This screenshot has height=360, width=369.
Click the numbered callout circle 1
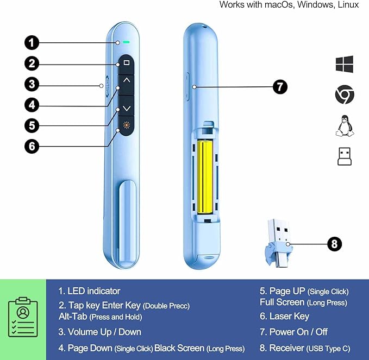coord(32,42)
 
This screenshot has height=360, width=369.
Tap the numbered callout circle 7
coord(279,87)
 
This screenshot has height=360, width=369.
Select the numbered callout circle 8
coord(335,244)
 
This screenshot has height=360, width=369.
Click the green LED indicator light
coord(126,41)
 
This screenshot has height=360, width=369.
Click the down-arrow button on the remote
coord(127,109)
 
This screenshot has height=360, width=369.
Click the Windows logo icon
coord(345,64)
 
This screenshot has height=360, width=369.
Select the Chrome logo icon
coord(345,96)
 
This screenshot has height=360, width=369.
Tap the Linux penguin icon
coord(345,126)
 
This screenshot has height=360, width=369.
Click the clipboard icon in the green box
coord(23,320)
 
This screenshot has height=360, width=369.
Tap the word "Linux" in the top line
coord(348,5)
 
